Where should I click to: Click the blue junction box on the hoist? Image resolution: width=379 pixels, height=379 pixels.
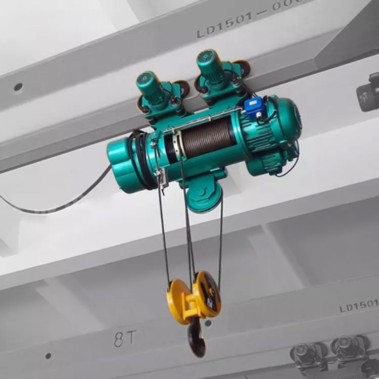253,106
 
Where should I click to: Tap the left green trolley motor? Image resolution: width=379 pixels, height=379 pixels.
151,87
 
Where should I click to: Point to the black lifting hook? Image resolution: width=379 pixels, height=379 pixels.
196,340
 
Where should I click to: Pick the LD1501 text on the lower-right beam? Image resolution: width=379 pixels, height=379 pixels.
358,305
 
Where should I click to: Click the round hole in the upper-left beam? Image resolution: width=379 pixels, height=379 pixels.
18,87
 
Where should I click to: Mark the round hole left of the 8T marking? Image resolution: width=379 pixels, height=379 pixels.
48,356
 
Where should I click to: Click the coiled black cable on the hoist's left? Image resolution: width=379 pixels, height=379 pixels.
139,159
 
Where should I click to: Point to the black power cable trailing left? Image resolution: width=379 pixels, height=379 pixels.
56,205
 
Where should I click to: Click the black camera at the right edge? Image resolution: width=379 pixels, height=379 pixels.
368,93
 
